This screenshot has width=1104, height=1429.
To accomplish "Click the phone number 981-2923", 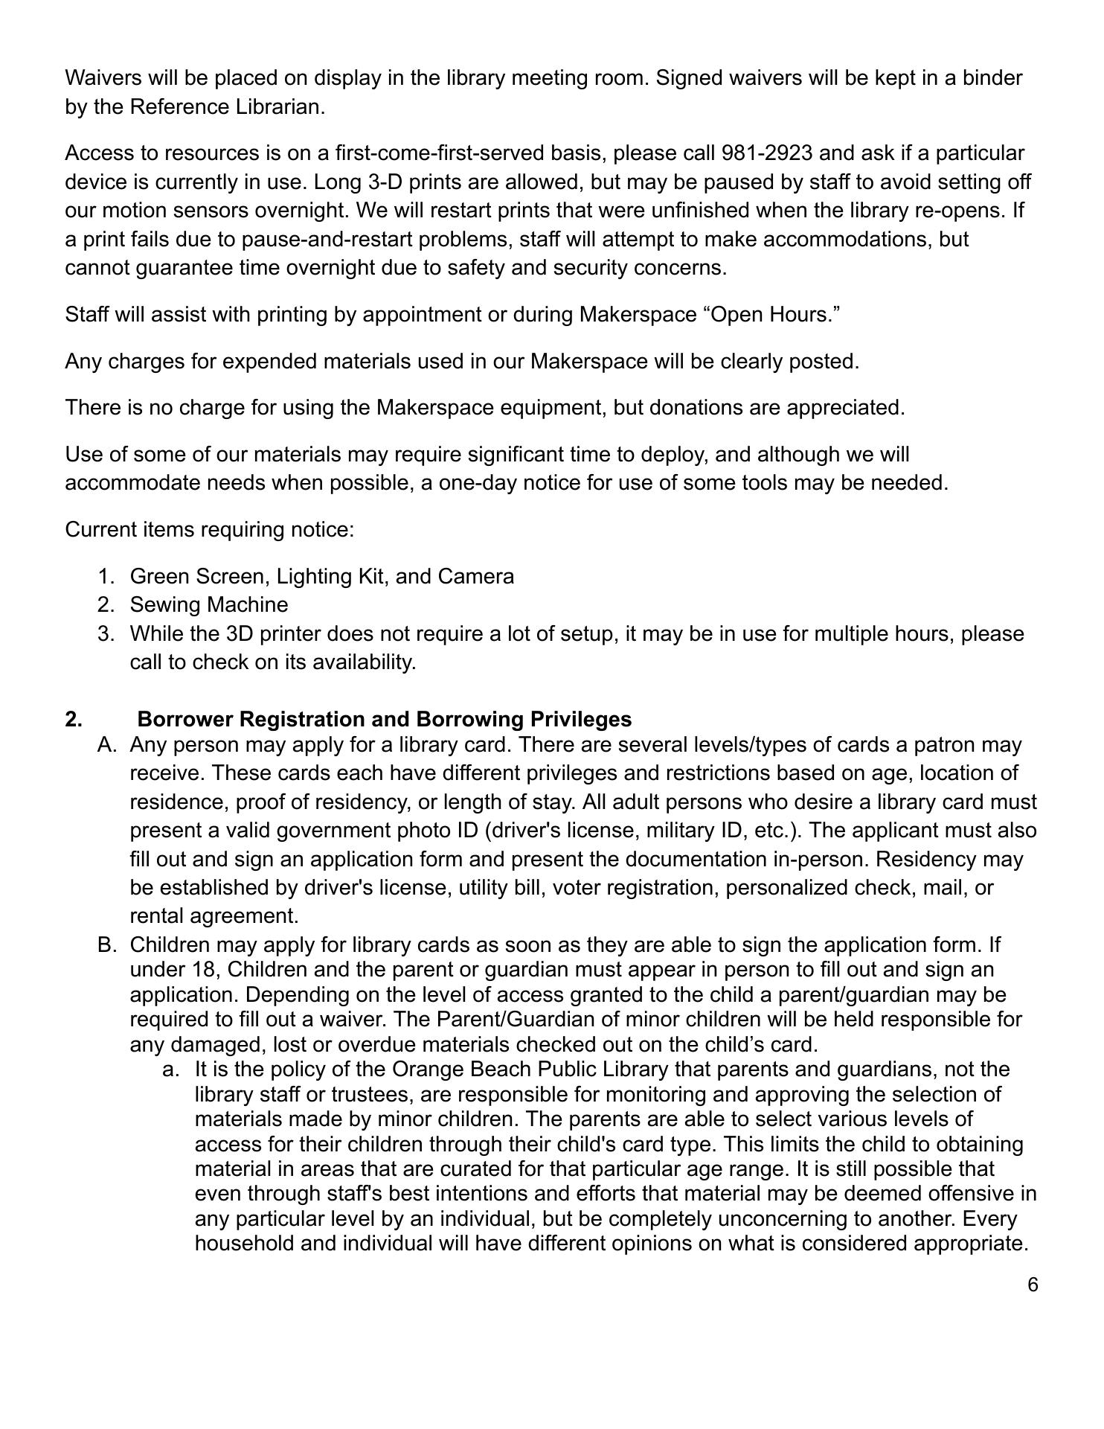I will tap(767, 153).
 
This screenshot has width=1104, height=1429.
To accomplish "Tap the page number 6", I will tap(1033, 1285).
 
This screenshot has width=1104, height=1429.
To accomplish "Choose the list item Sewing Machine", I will tap(208, 604).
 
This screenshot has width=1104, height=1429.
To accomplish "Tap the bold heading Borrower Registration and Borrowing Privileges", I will tap(384, 719).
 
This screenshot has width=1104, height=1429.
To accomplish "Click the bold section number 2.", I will tap(73, 719).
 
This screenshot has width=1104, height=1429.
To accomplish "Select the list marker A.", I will tap(106, 745).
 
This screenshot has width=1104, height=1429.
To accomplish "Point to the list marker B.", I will tap(106, 945).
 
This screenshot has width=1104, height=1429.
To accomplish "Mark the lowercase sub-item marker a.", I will tap(171, 1070).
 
